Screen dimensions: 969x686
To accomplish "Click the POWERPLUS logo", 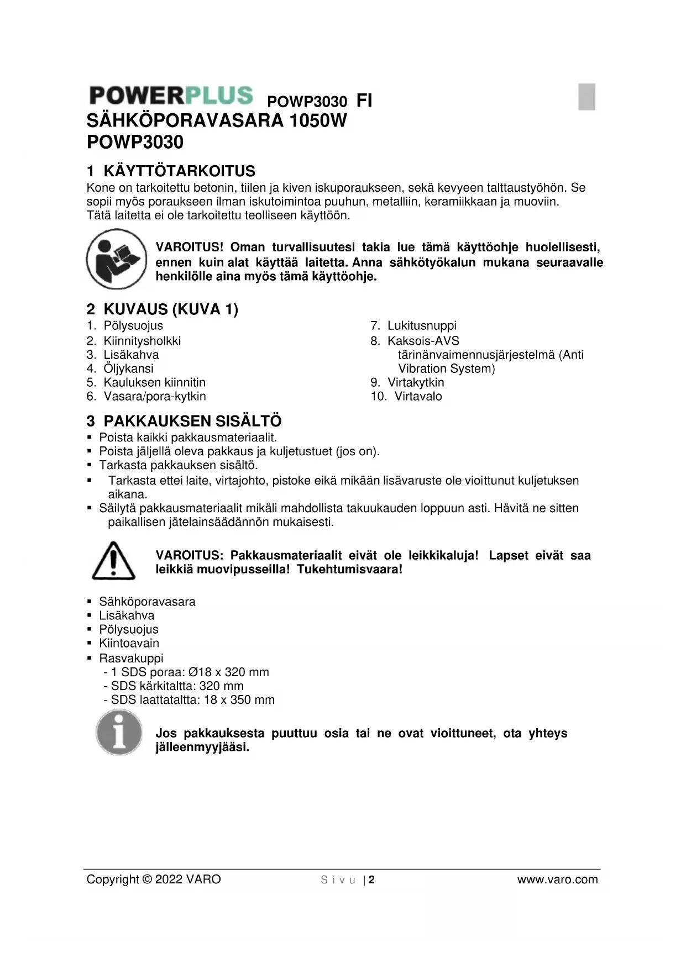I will coord(171,96).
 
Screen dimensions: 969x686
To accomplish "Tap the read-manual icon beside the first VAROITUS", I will coord(116,259).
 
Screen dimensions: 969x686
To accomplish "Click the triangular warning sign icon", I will coord(113,561).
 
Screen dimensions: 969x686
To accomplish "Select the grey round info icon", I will coord(119,733).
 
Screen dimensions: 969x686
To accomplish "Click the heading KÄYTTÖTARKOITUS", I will coord(179,171).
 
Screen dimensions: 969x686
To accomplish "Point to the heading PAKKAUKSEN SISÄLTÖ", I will coord(192,421).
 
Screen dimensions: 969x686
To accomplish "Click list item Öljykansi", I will coord(128,368).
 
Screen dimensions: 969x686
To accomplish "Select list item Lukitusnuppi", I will coord(421,325).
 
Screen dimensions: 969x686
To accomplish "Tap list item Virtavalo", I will coord(418,396).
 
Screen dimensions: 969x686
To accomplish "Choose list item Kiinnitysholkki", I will coord(142,341).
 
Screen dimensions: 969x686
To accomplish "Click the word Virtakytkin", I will coord(416,382).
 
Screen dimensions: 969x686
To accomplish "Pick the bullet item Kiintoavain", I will coord(129,643).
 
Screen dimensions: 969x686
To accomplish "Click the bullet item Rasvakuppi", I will coord(131,658).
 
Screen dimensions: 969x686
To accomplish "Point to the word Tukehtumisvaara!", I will coord(349,569).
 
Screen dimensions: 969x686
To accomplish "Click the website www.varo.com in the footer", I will coord(557,880).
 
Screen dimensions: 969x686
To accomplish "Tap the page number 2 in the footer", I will coord(372,880).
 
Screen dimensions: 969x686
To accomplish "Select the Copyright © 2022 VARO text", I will coord(154,880).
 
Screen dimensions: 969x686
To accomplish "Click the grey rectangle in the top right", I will coord(586,97).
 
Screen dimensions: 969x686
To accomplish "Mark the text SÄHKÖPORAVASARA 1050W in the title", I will coord(217,120).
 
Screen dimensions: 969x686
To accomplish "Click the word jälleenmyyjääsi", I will coord(202,747).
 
